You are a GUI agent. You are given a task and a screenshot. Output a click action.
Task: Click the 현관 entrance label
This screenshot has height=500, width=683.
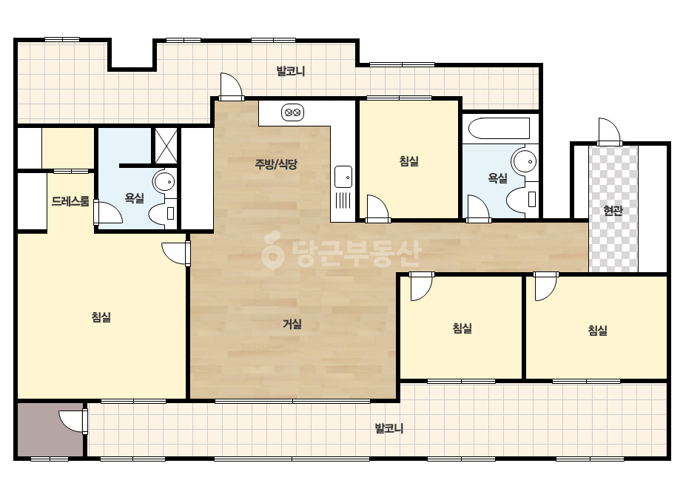(x=613, y=211)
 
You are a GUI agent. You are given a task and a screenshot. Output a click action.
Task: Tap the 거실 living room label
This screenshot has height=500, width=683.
(x=292, y=324)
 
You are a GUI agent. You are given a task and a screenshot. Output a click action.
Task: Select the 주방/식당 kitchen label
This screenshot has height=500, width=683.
(x=276, y=164)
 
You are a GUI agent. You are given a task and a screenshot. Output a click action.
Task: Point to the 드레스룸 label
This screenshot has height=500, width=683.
(x=70, y=201)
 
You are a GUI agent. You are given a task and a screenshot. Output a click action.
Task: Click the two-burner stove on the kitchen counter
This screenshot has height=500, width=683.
(x=292, y=113)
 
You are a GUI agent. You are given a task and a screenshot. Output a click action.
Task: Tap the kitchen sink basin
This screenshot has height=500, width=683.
(x=343, y=176)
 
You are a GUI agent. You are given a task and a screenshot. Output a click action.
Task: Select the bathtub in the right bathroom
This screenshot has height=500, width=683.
(x=499, y=129)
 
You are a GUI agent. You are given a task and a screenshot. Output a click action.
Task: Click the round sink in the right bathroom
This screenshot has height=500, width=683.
(x=525, y=161)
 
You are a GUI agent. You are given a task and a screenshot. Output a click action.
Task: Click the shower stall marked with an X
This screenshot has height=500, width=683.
(x=166, y=146)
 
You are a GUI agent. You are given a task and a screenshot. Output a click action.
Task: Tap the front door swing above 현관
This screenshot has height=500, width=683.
(x=609, y=131)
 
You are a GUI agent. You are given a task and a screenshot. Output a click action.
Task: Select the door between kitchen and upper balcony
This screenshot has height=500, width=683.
(x=231, y=87)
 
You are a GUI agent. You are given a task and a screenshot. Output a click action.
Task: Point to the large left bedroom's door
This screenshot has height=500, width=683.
(x=176, y=253)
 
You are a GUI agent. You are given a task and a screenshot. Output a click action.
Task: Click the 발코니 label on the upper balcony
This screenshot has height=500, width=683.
(x=291, y=71)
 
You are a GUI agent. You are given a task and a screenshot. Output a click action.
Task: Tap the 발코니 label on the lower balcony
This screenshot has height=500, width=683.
(x=389, y=428)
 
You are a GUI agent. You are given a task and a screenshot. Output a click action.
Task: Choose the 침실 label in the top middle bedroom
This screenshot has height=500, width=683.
(x=409, y=161)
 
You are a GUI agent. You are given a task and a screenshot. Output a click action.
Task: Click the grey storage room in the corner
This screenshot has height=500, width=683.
(x=50, y=430)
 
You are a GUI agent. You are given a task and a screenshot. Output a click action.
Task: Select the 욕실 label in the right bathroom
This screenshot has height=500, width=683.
(x=497, y=178)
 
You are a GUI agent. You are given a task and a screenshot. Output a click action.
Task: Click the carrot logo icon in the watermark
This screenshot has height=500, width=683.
(x=272, y=250)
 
